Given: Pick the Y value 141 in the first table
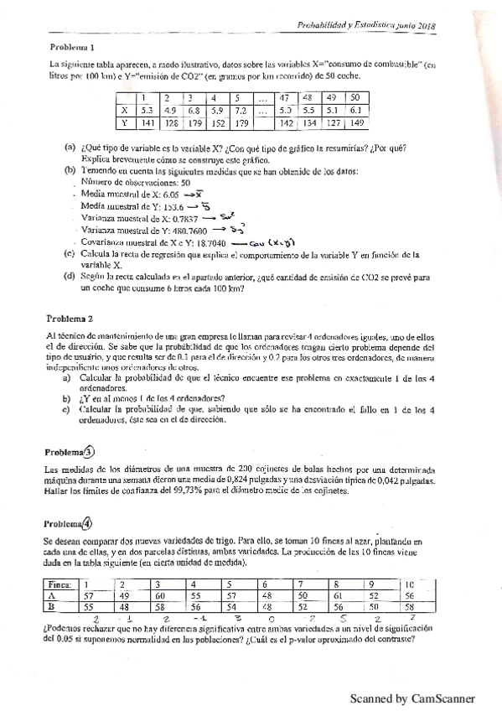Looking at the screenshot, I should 147,124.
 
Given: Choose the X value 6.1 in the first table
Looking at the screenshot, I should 355,110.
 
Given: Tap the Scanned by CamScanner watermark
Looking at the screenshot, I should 411,697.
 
